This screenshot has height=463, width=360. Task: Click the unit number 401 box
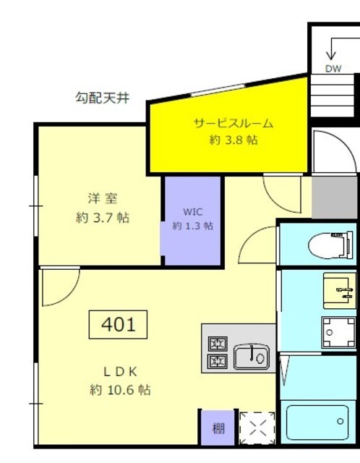pyautogui.click(x=118, y=324)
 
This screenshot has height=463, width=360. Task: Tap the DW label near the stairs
pyautogui.click(x=333, y=69)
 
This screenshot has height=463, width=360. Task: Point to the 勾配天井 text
pyautogui.click(x=103, y=97)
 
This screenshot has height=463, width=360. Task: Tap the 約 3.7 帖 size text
pyautogui.click(x=102, y=217)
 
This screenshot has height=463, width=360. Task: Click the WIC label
pyautogui.click(x=192, y=212)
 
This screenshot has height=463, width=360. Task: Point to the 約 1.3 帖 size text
pyautogui.click(x=192, y=226)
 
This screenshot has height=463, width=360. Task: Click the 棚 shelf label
pyautogui.click(x=218, y=428)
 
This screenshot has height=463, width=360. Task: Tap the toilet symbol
pyautogui.click(x=330, y=245)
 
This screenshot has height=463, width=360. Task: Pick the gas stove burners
pyautogui.click(x=218, y=353)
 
